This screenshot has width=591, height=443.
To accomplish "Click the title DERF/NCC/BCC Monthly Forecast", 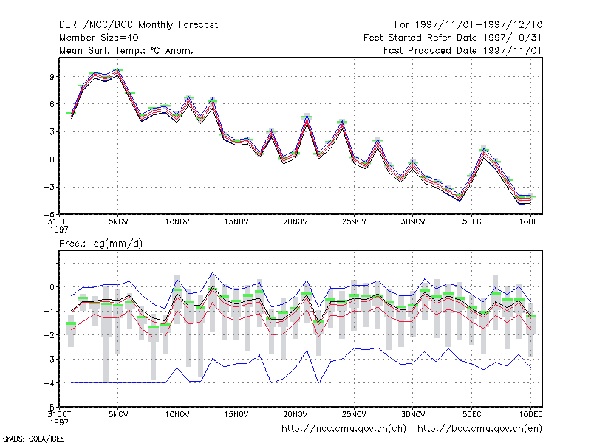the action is (x=138, y=25).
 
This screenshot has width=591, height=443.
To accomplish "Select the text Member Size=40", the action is (x=99, y=38).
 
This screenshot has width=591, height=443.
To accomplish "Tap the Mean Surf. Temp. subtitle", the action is (x=126, y=50).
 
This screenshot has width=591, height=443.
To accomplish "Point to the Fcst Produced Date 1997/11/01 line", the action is (x=462, y=50).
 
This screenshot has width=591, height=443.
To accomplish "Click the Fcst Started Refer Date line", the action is (x=453, y=38).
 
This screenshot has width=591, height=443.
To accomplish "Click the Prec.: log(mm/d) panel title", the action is (x=100, y=244).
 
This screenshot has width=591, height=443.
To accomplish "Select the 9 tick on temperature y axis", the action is (x=52, y=77).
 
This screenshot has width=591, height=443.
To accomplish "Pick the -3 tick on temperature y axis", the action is (x=49, y=188).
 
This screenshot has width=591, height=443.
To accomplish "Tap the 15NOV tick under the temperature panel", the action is (x=236, y=222).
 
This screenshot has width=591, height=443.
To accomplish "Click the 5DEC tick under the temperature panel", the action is (x=471, y=222).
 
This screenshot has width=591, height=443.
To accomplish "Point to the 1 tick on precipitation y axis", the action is (x=52, y=263).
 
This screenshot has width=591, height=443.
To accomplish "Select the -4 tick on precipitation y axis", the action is (x=49, y=383).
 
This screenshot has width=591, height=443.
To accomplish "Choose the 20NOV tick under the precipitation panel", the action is (x=295, y=414).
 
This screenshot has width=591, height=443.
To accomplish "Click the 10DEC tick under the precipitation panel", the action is (x=530, y=414).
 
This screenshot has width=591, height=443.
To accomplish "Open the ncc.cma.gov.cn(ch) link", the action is (x=344, y=429).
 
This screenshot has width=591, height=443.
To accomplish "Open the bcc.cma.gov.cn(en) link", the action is (x=479, y=429).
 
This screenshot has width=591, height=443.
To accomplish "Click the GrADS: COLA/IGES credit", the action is (x=33, y=439).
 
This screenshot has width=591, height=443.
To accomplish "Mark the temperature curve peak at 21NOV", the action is (x=307, y=116).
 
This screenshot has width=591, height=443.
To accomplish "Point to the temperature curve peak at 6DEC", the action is (x=484, y=149).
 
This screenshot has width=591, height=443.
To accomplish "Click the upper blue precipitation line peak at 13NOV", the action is (x=213, y=272).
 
